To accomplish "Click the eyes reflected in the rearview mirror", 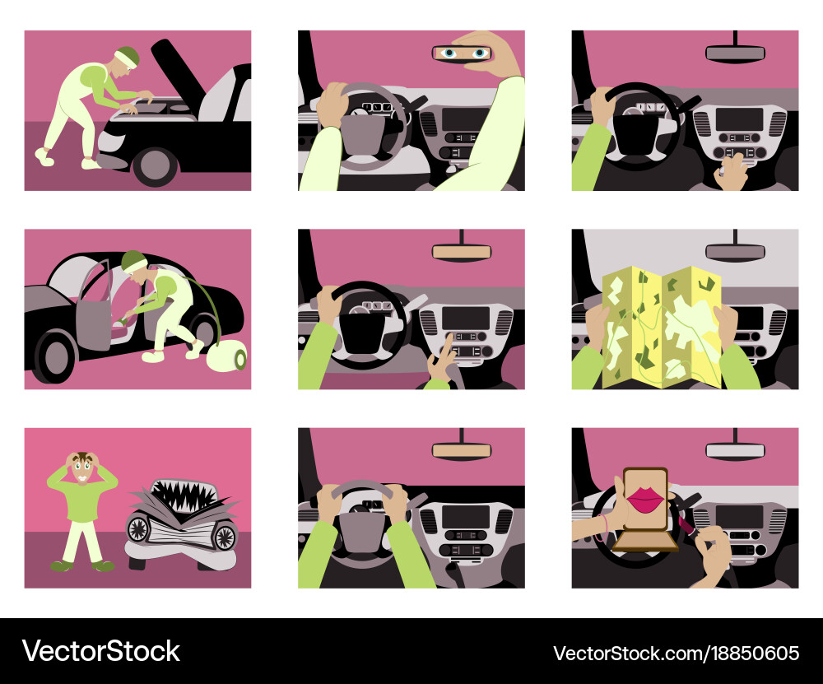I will point(462,54).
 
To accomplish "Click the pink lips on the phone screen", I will point(644,500).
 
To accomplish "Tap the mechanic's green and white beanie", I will point(126,56).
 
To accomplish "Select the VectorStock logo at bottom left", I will point(100,651).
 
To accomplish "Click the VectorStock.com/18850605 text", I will point(676,654).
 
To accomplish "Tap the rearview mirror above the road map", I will point(735,252).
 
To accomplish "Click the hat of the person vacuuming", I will point(133,263).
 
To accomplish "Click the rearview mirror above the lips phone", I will point(735,450).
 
